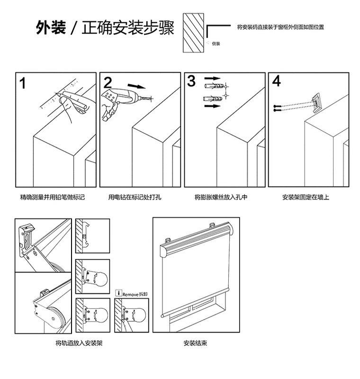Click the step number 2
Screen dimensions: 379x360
coord(108,82)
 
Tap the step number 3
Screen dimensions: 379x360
coord(191,81)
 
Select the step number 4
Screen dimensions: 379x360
coord(277,81)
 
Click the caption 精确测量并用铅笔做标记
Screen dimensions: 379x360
coord(52,197)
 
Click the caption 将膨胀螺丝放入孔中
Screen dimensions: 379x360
coord(221,197)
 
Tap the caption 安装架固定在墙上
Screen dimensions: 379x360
coord(306,197)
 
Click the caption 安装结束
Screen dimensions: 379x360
coord(195,343)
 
